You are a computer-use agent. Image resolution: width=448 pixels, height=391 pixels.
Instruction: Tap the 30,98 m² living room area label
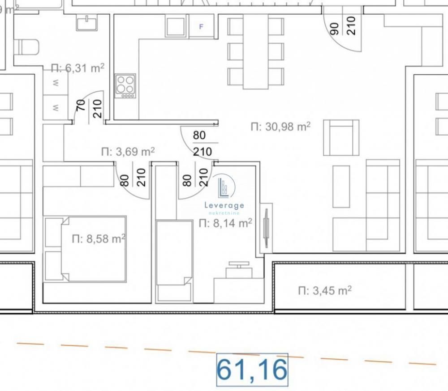point(280,127)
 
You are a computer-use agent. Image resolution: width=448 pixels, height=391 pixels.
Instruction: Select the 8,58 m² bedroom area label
point(98,239)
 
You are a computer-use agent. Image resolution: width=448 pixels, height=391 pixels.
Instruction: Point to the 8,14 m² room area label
point(225,223)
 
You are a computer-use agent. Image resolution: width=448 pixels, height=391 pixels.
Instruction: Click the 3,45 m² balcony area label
point(325,291)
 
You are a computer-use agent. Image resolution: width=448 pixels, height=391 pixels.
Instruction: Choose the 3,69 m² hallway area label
point(128,152)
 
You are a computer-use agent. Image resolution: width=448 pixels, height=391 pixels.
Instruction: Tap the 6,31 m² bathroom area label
point(78,68)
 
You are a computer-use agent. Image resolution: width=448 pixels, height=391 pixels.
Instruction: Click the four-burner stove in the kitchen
point(125,85)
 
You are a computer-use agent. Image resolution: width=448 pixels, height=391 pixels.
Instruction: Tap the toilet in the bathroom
point(27,47)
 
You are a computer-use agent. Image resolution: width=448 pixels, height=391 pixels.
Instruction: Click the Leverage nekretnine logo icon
point(224,187)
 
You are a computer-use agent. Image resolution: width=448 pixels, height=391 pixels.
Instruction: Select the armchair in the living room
point(341,137)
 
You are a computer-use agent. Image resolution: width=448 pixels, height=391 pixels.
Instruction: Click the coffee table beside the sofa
point(341,187)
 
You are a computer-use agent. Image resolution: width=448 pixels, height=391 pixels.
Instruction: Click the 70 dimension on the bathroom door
point(82,109)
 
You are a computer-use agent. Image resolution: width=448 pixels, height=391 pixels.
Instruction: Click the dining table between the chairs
point(256,51)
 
